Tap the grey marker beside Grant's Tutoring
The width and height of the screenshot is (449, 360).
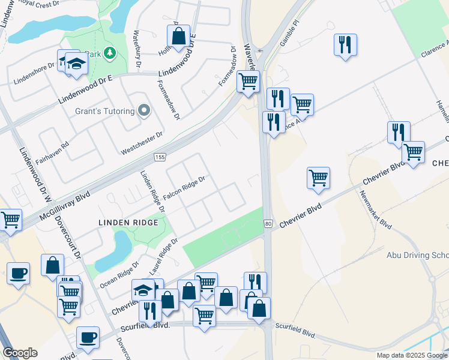point(143,110)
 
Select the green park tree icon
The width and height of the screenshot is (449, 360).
point(109,54)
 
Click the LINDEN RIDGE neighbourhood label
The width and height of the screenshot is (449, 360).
point(128,223)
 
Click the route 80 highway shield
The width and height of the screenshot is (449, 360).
point(268,224)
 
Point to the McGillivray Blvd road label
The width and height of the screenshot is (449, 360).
point(64,205)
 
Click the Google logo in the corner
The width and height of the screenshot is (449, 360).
point(20,353)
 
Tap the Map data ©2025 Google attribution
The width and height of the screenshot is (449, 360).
point(411,355)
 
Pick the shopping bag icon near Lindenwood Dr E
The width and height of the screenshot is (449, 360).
point(178,37)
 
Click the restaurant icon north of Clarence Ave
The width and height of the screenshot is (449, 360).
point(345,44)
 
